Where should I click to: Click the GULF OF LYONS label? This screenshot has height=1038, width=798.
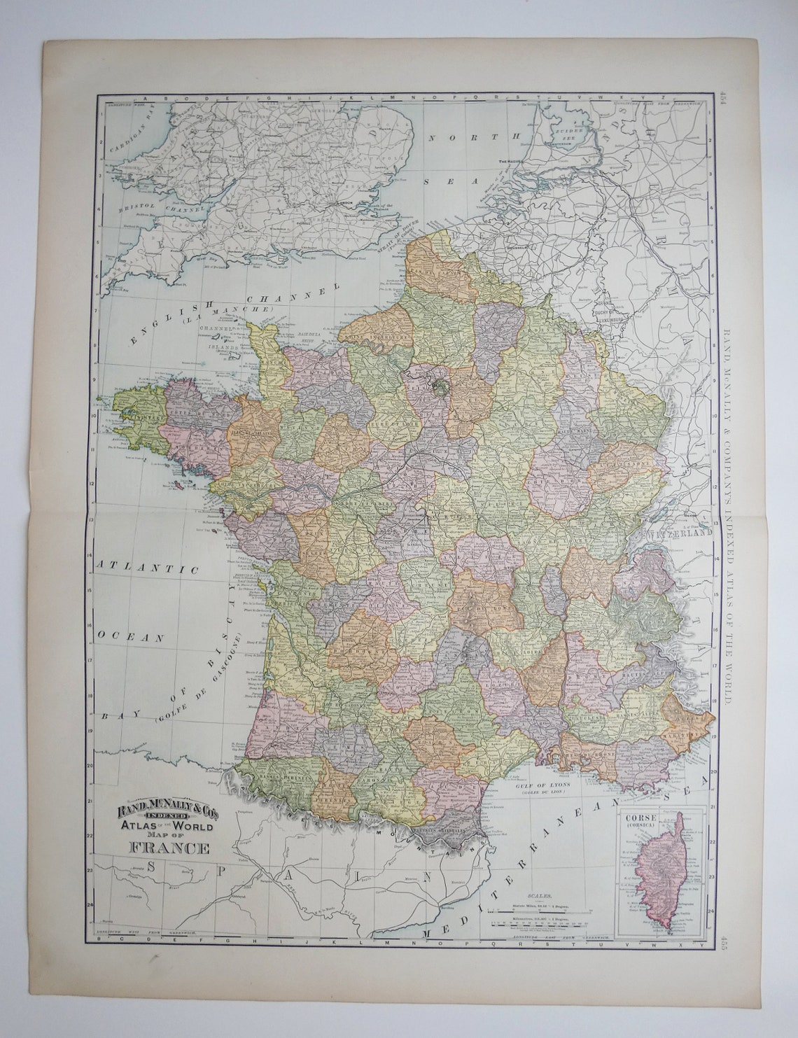545,786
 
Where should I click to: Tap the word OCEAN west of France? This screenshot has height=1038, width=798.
131,637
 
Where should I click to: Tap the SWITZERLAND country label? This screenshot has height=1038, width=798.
680,532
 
